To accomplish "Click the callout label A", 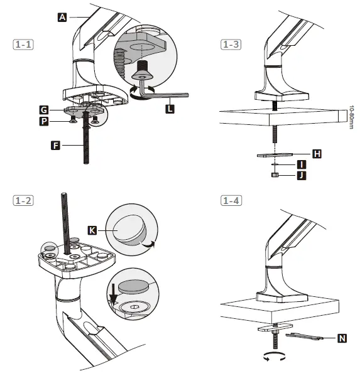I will (62, 18).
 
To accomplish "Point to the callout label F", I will (56, 146).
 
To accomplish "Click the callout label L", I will (170, 109).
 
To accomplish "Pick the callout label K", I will (92, 231).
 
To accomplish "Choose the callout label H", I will (317, 154).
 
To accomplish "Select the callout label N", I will (342, 338).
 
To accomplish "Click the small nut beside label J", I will (275, 175).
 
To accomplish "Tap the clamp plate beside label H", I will (275, 153).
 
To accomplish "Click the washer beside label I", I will (275, 164).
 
